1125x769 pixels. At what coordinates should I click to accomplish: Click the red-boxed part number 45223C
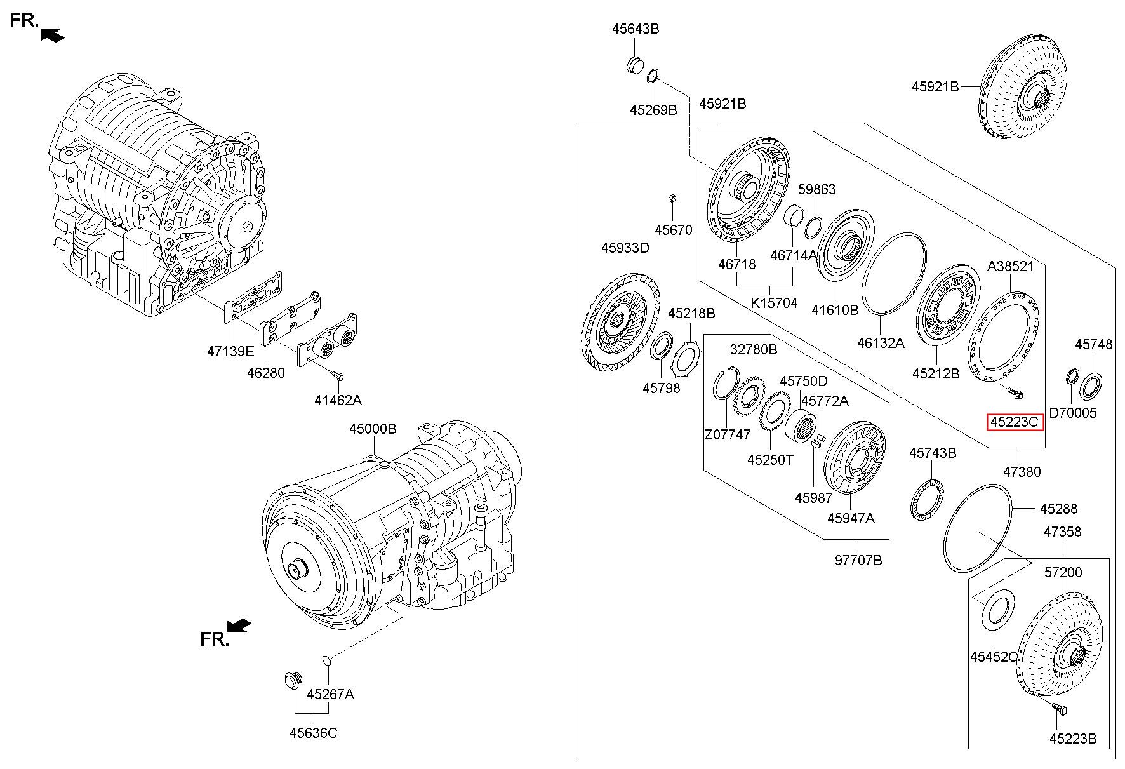click(1015, 422)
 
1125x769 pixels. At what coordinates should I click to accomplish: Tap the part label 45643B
click(636, 29)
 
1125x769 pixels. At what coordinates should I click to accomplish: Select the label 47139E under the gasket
click(230, 351)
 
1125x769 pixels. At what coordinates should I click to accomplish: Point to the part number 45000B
click(373, 429)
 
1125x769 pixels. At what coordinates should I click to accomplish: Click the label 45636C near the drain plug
click(314, 733)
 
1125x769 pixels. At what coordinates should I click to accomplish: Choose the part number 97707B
click(858, 560)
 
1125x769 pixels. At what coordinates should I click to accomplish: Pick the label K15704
click(774, 303)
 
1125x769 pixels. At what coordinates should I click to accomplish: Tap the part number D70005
click(1072, 413)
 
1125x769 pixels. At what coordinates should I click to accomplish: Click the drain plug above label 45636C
click(291, 681)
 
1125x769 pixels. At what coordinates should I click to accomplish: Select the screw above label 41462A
click(337, 376)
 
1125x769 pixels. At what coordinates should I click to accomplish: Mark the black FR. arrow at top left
click(52, 36)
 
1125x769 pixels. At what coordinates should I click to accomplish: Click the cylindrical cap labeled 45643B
click(635, 65)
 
